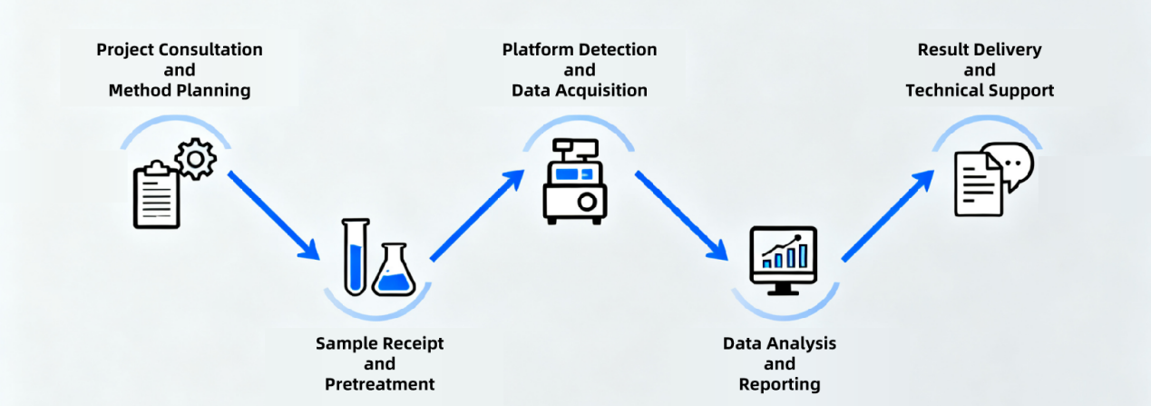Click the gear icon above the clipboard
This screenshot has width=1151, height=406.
point(194,160)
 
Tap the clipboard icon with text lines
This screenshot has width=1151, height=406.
point(157,194)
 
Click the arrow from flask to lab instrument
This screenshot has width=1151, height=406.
point(477,213)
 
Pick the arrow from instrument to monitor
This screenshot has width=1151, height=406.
point(681,214)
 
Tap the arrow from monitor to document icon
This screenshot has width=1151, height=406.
point(888,214)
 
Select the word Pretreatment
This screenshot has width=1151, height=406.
point(379,383)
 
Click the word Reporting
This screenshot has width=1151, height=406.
point(779,384)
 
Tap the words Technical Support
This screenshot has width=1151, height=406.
point(980,90)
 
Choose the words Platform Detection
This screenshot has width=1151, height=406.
point(580,49)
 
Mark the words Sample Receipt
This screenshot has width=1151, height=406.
point(379,343)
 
